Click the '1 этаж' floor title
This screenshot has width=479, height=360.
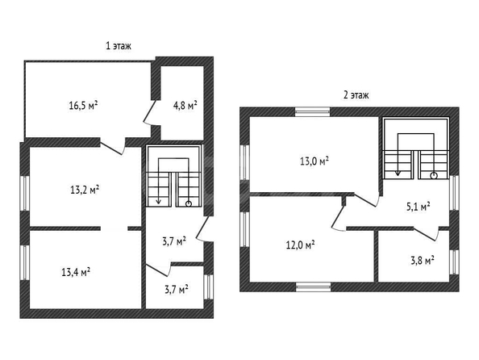[x=119, y=46]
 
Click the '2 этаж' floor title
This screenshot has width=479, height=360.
[x=356, y=95]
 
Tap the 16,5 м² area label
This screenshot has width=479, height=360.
[x=83, y=106]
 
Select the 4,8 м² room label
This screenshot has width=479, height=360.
[x=185, y=106]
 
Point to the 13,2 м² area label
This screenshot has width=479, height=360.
[x=85, y=190]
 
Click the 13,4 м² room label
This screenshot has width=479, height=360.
[x=76, y=272]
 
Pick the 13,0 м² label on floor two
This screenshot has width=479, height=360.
[x=314, y=161]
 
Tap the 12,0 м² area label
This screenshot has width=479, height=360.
[x=301, y=245]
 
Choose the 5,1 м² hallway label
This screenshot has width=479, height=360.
[x=418, y=207]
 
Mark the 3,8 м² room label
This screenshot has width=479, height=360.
[x=423, y=261]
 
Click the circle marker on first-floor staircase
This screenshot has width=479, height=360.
[x=189, y=203]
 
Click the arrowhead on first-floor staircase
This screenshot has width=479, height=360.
[x=158, y=201]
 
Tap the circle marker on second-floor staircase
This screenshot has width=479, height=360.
[x=434, y=176]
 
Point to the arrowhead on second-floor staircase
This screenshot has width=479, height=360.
[x=398, y=174]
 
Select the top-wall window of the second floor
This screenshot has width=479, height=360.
[x=313, y=112]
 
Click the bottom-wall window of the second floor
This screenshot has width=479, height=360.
[x=314, y=287]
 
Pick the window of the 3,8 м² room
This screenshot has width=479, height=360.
[x=454, y=262]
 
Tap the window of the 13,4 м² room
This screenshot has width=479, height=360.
[x=25, y=262]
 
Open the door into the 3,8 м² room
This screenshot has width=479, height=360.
[x=427, y=234]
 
